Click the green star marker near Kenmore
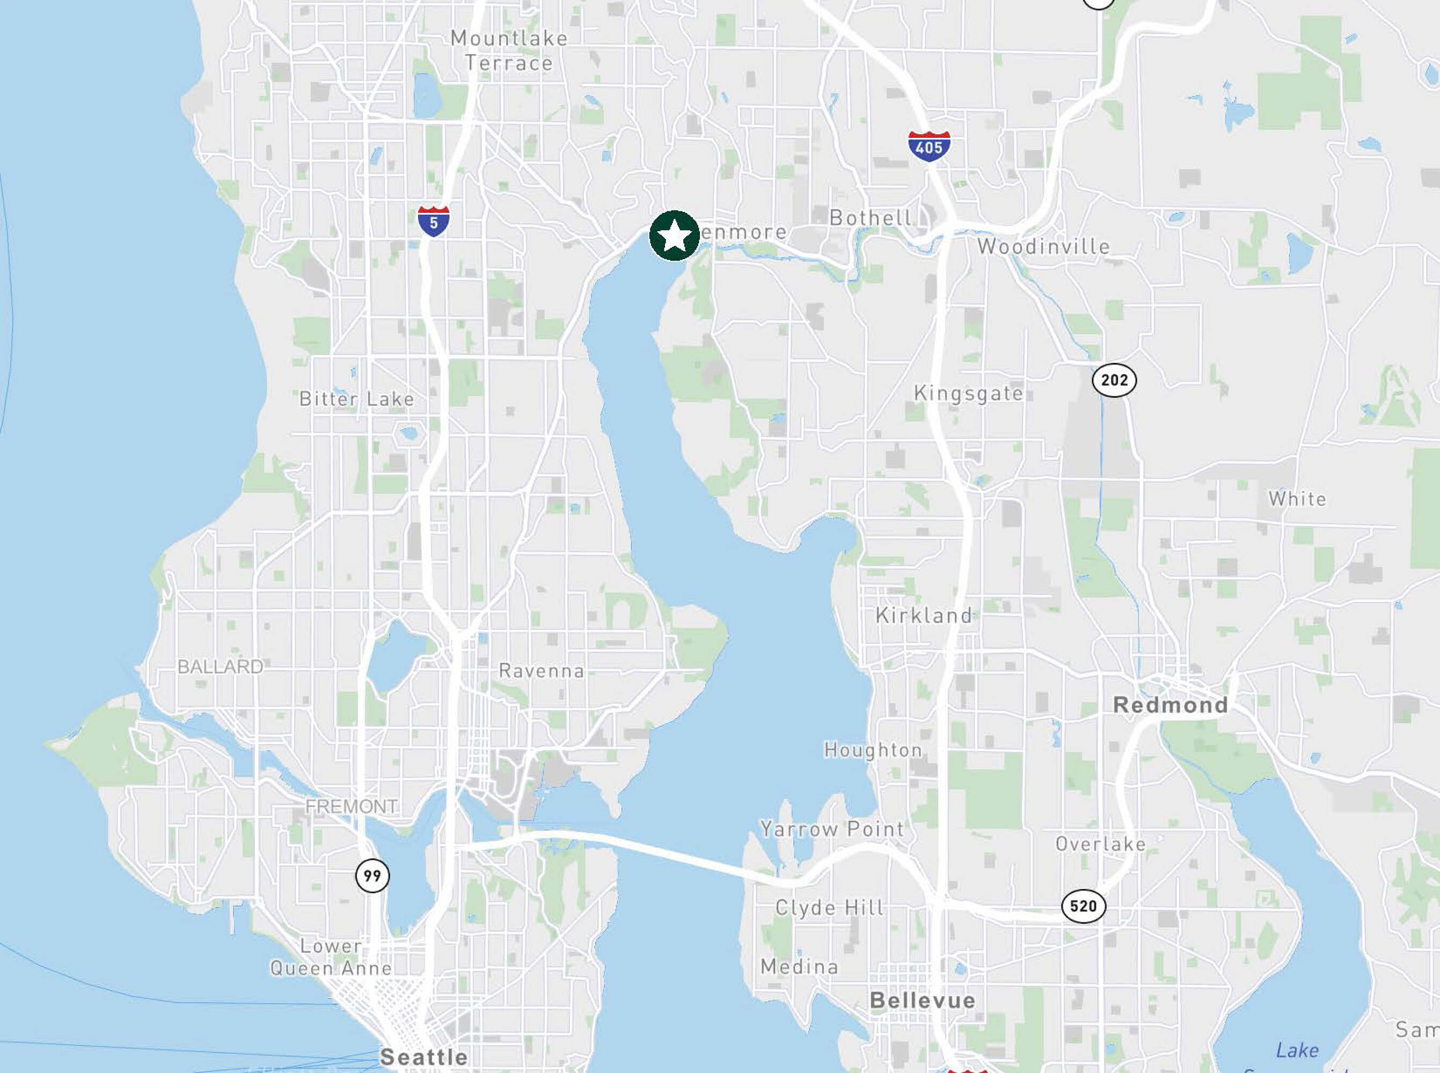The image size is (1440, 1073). (x=675, y=236)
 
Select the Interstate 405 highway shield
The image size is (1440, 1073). (x=929, y=146)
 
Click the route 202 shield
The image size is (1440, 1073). (x=1114, y=380)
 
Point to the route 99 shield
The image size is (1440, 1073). (x=372, y=876)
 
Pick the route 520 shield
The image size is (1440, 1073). (x=1083, y=906)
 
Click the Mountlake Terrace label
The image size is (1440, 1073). (x=509, y=50)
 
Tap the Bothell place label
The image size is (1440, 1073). (x=870, y=218)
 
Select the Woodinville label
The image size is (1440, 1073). (x=1043, y=247)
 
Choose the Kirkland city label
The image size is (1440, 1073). (x=923, y=615)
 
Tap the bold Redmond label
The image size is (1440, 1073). (x=1171, y=705)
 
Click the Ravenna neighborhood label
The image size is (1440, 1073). (x=542, y=671)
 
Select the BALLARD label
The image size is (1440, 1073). (x=220, y=667)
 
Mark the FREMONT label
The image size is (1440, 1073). (x=352, y=807)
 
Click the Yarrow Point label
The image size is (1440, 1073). (x=832, y=829)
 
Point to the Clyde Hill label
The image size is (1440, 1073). (x=830, y=907)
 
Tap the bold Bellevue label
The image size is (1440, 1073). (x=923, y=1000)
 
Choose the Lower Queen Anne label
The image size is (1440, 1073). (x=331, y=957)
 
